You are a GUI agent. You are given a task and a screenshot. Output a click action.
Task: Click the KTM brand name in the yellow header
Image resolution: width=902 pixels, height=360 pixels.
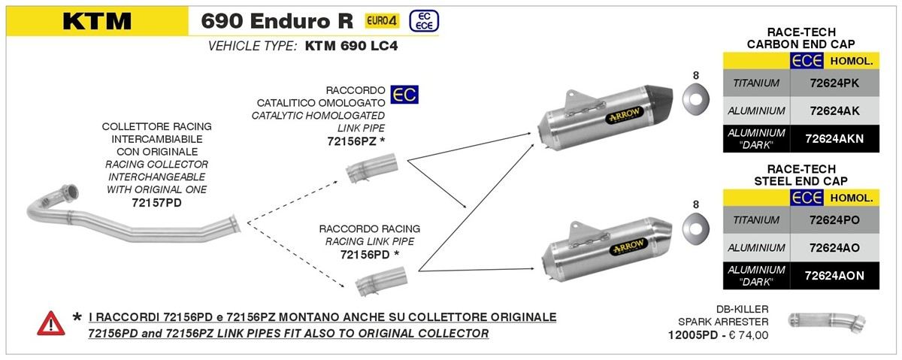click(97, 21)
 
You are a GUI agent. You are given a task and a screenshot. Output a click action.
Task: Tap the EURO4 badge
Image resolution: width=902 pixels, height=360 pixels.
click(382, 20)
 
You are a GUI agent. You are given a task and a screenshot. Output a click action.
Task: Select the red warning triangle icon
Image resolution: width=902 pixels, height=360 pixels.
click(50, 323)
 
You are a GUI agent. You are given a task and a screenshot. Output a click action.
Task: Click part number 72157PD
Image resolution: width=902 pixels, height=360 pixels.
click(156, 203)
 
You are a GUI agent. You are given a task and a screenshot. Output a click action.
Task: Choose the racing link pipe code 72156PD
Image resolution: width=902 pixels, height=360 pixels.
click(365, 255)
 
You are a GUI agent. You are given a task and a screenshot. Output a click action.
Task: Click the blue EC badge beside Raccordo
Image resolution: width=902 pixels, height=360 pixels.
click(406, 94)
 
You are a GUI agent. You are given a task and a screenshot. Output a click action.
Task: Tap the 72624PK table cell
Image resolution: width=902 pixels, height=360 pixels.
click(834, 83)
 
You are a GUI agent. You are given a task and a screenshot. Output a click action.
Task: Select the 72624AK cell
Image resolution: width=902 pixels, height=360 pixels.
click(834, 110)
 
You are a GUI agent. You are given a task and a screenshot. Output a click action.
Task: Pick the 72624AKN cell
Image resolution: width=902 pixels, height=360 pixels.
click(834, 139)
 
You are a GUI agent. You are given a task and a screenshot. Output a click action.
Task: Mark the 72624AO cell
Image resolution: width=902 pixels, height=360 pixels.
click(834, 247)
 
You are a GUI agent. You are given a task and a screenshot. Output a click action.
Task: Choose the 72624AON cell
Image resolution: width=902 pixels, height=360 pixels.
click(834, 276)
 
